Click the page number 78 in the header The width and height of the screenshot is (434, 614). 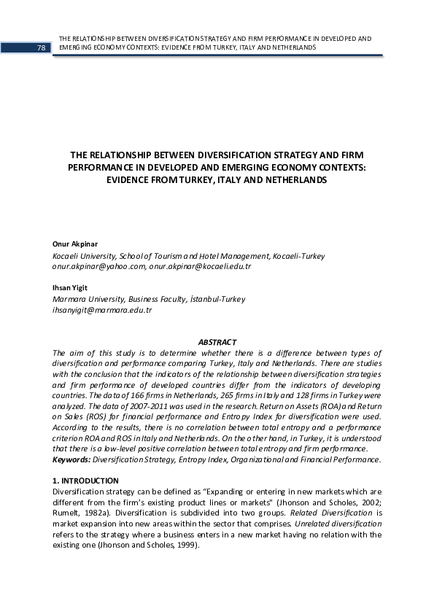pos(41,47)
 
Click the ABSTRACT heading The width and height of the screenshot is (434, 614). pos(217,342)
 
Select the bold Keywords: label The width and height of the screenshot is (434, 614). pos(71,459)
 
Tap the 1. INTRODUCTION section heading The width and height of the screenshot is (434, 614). pos(86,481)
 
